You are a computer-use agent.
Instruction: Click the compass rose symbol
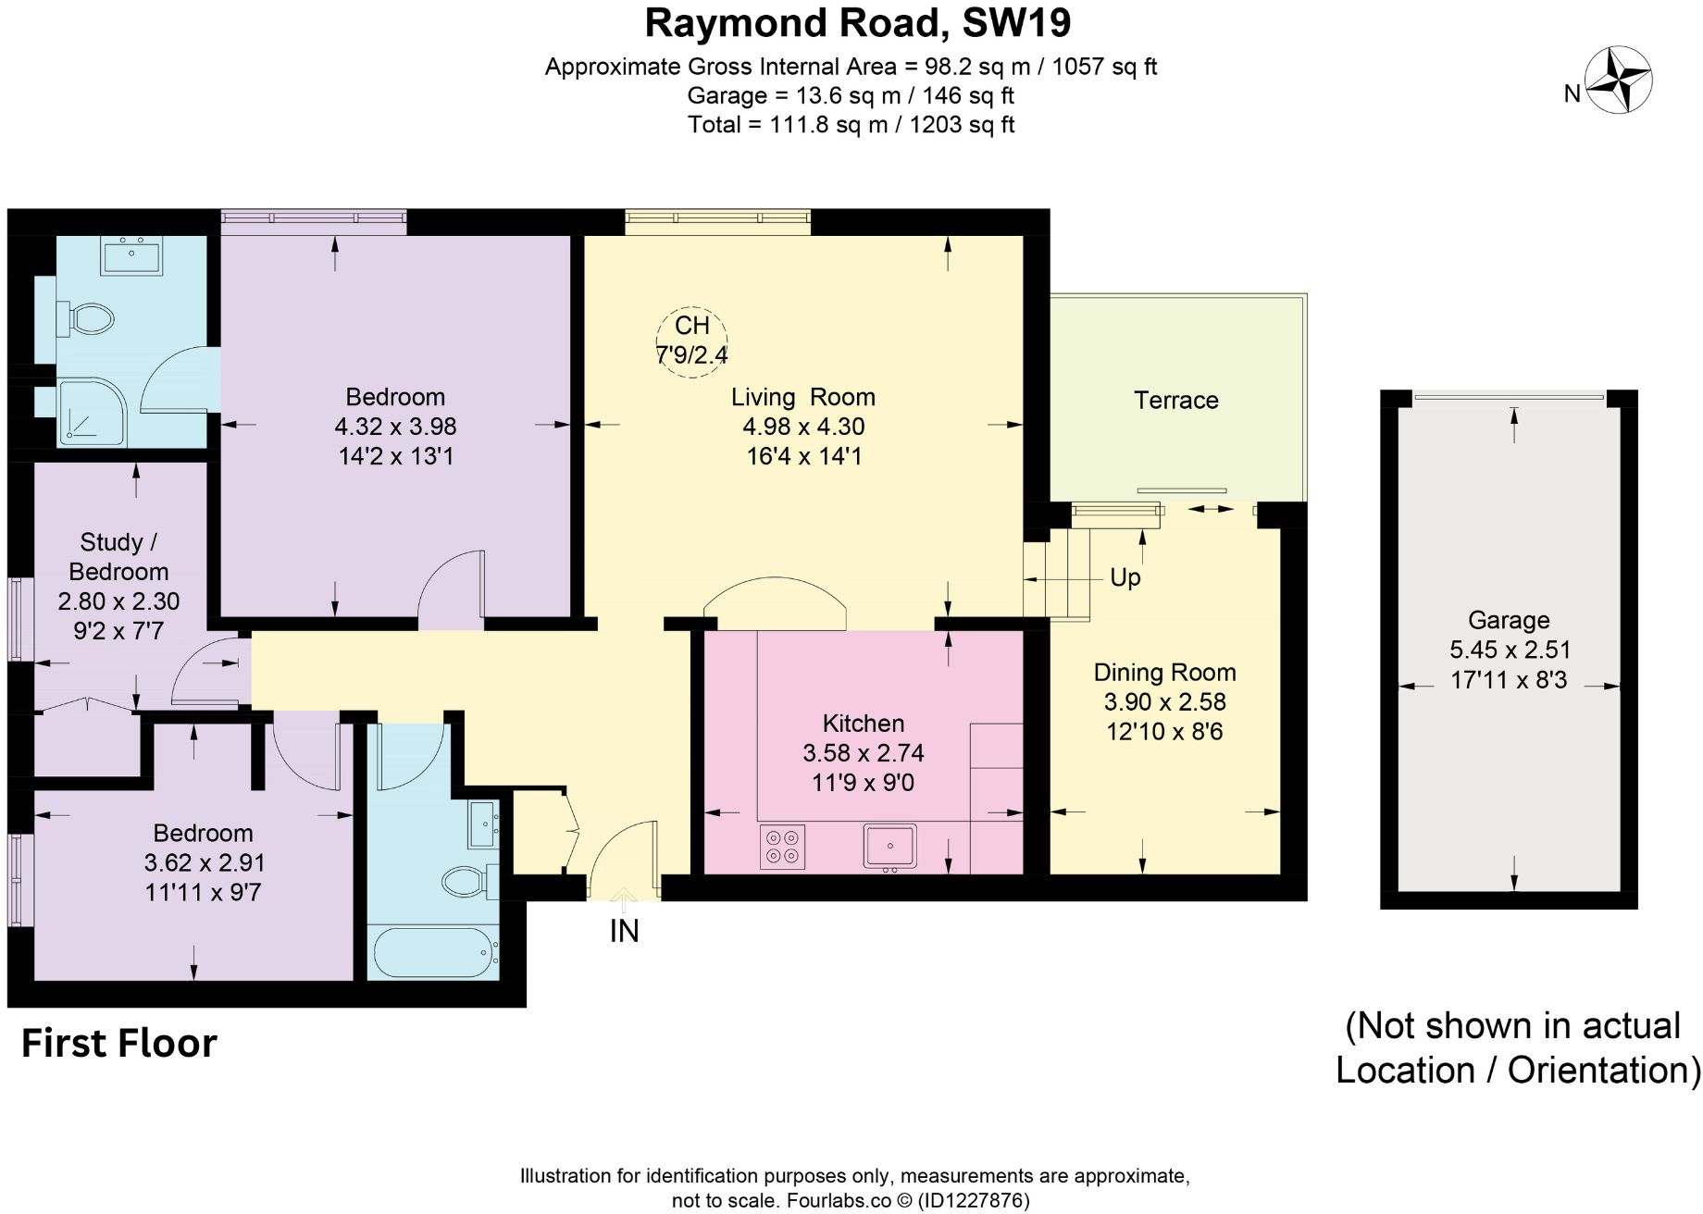click(x=1619, y=81)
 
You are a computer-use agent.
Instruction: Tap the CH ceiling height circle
click(x=691, y=340)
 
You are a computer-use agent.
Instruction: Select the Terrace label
click(x=1175, y=401)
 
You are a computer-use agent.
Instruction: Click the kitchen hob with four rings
click(x=782, y=847)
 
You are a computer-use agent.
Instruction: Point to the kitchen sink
click(x=889, y=846)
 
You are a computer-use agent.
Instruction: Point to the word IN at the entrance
click(x=624, y=931)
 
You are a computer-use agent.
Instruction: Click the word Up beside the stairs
click(x=1125, y=577)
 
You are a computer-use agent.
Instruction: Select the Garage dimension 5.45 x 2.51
click(x=1509, y=650)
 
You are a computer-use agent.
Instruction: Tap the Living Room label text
click(x=802, y=397)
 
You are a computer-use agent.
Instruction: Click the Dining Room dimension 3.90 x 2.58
click(x=1164, y=701)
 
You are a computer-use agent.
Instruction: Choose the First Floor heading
click(x=118, y=1043)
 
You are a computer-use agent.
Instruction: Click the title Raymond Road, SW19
click(x=857, y=23)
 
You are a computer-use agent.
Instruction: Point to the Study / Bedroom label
click(x=118, y=556)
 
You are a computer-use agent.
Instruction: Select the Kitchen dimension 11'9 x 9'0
click(x=863, y=783)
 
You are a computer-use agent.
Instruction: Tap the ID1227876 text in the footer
click(x=973, y=1201)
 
